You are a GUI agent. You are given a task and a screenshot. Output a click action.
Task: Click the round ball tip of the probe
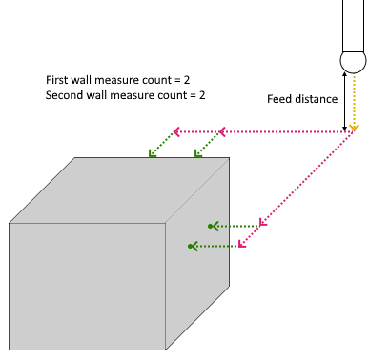point(353,61)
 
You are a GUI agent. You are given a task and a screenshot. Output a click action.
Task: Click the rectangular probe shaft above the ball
point(353,26)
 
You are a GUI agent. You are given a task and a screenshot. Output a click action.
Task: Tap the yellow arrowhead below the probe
point(354,128)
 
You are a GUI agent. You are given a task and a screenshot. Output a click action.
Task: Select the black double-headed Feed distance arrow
point(345,102)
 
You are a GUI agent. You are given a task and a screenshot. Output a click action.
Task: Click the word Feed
point(279,99)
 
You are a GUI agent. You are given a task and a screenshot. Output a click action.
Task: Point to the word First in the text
point(57,80)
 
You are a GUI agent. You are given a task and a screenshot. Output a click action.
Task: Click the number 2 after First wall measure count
point(187,80)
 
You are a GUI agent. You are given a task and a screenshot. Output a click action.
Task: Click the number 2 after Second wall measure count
point(202,95)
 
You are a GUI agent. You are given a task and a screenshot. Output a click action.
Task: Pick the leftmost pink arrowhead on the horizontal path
point(176,131)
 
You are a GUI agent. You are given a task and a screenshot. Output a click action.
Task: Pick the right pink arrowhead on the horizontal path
point(222,131)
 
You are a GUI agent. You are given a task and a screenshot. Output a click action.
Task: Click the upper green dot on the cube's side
point(210,226)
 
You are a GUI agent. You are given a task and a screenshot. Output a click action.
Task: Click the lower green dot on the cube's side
point(190,246)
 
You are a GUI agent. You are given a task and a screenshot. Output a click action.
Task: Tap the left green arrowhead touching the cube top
point(152,153)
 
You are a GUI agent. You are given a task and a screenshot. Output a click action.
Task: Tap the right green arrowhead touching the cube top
point(197,153)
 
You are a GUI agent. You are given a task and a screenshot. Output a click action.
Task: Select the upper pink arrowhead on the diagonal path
point(262,223)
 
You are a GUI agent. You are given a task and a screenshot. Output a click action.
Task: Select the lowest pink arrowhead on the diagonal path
point(241,244)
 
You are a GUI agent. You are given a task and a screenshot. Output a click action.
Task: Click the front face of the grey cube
point(88,287)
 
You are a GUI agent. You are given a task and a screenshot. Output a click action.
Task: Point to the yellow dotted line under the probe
point(354,100)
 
